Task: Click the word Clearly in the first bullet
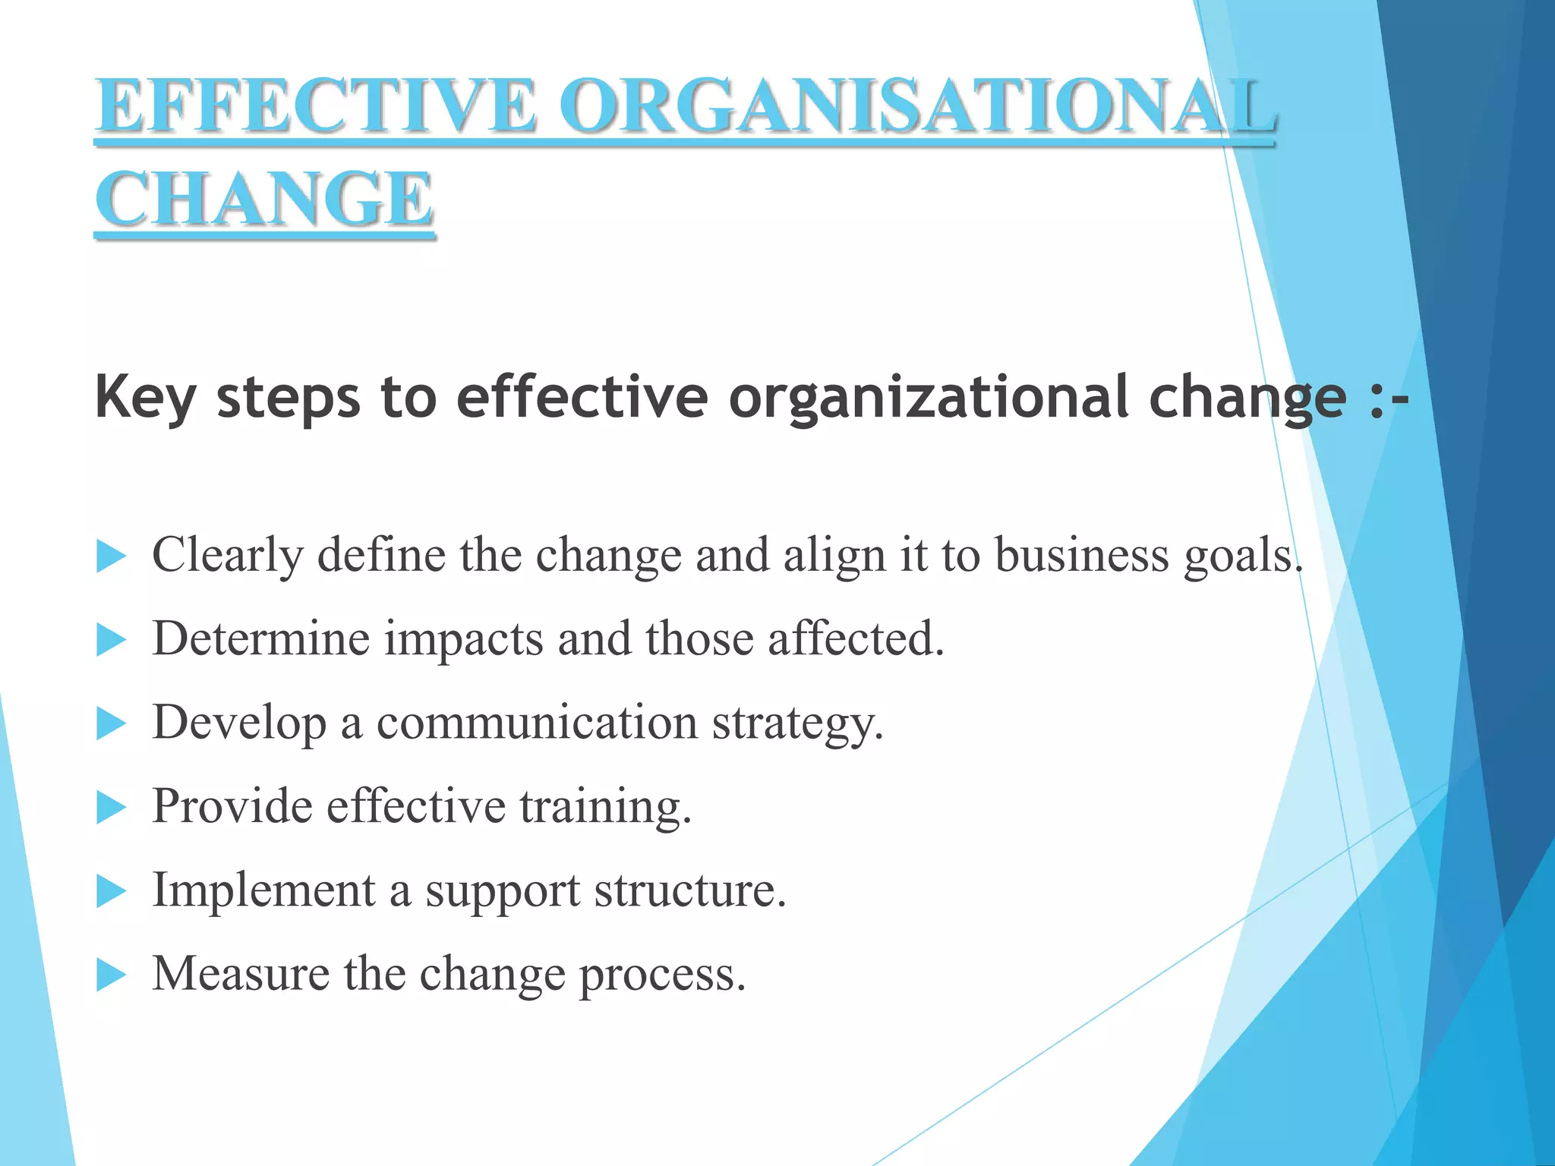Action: click(x=227, y=556)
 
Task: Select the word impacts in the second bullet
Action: click(x=463, y=638)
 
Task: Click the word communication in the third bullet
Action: click(x=537, y=722)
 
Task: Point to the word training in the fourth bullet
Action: click(x=605, y=806)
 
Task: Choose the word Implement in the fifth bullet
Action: click(x=263, y=890)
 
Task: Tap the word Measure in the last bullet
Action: click(x=241, y=973)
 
